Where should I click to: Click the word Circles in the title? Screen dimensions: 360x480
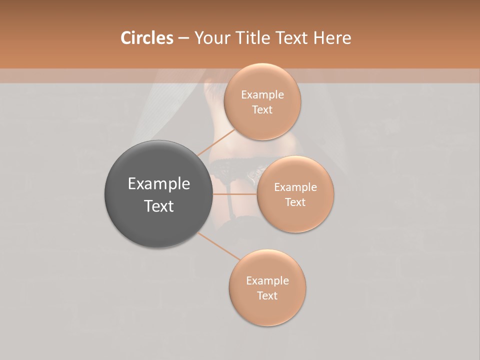point(146,38)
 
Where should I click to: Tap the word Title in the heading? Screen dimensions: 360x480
point(254,38)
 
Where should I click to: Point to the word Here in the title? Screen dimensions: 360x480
point(332,38)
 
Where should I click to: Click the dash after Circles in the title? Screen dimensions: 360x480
point(183,38)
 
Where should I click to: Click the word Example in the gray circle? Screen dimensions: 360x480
point(159,184)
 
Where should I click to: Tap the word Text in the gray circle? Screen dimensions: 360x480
point(159,206)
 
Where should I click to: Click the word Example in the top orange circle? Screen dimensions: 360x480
point(262,95)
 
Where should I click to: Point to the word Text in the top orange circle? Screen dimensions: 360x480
point(262,110)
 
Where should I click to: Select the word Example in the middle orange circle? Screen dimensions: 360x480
point(295,187)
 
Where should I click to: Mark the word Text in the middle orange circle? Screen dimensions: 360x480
point(295,202)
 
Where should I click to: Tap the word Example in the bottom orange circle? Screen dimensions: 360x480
point(267,281)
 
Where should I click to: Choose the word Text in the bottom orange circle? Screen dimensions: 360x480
point(267,296)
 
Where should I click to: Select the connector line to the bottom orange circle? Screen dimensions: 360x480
point(219,246)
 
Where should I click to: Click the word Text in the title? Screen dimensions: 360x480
point(291,38)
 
